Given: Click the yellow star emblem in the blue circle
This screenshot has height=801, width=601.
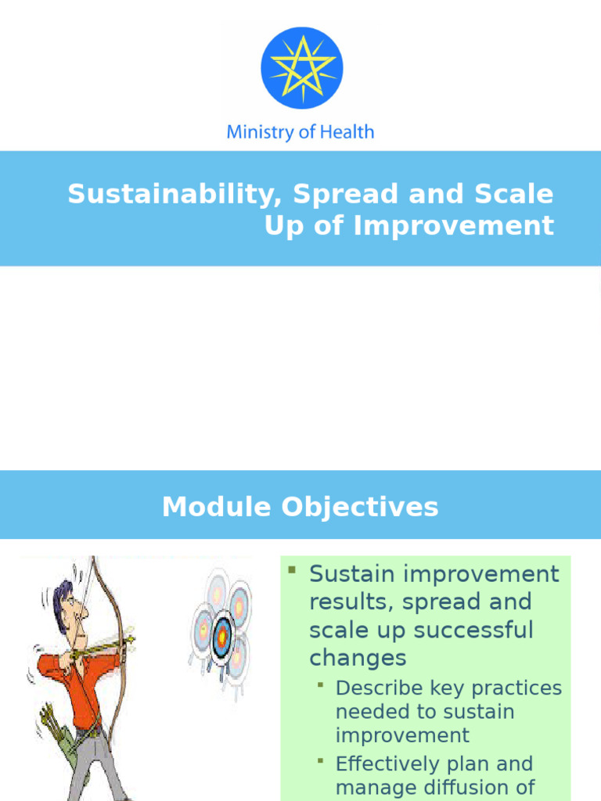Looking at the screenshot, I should [x=301, y=68].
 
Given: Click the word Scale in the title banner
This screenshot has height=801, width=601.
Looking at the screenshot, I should [x=513, y=194].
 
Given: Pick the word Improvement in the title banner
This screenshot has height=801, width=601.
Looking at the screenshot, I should [x=453, y=225].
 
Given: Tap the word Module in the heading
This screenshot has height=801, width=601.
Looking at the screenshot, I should [x=216, y=507].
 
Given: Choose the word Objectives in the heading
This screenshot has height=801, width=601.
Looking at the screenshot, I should [x=360, y=507].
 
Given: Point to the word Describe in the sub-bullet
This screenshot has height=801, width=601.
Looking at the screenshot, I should [x=379, y=688].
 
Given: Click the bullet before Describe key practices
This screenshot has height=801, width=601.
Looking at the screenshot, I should [x=321, y=684].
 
